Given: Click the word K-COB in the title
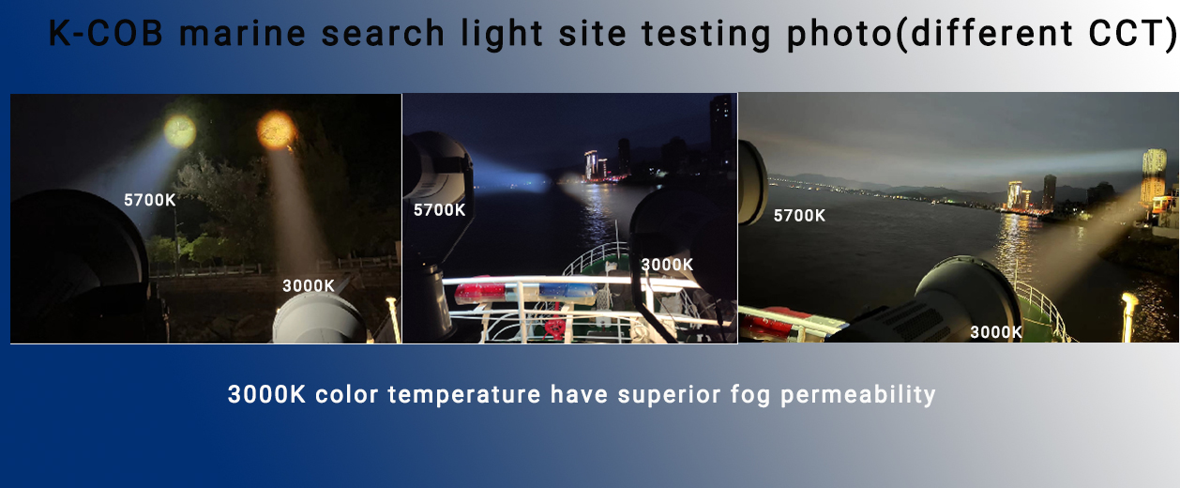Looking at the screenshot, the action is [105, 33].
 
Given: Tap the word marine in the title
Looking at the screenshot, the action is [243, 33].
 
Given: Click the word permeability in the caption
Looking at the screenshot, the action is [857, 395].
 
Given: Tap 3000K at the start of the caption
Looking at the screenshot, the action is [266, 394].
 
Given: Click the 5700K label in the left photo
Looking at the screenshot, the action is [149, 200].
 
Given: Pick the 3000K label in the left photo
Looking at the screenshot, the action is [309, 285].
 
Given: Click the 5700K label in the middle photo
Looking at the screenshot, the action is [439, 210].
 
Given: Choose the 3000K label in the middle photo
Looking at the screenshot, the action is [667, 265].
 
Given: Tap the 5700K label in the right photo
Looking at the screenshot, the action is [799, 216].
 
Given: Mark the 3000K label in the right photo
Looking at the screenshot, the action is [996, 332].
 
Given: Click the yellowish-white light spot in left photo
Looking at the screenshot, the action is [180, 130].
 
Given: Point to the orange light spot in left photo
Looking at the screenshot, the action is [276, 130].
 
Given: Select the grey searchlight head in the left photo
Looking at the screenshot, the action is [320, 318].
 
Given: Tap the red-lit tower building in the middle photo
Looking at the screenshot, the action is [591, 164].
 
